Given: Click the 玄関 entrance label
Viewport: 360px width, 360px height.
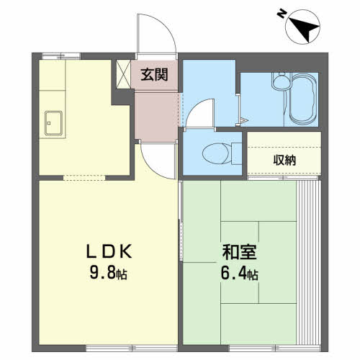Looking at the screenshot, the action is click(x=154, y=74).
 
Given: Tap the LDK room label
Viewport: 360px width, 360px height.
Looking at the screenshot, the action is click(x=109, y=251).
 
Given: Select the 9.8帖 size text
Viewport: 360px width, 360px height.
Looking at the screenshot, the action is click(x=109, y=273).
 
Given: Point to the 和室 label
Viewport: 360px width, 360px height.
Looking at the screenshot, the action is click(x=240, y=252).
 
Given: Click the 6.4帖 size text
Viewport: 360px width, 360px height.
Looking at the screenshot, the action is click(x=239, y=274).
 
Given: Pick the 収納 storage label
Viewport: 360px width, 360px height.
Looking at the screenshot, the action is click(x=284, y=161).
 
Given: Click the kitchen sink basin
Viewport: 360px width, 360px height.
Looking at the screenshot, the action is click(x=53, y=123).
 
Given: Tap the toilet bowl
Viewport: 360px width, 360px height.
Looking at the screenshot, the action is click(x=215, y=153).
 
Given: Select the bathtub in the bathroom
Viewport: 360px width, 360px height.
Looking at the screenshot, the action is click(x=303, y=99).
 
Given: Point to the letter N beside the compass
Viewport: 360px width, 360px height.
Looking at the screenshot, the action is click(x=281, y=14).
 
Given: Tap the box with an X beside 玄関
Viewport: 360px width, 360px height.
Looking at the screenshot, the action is click(x=123, y=74).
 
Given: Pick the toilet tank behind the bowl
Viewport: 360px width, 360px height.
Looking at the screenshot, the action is click(x=237, y=153).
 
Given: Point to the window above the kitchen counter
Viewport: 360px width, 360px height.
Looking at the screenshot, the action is click(x=61, y=56).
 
